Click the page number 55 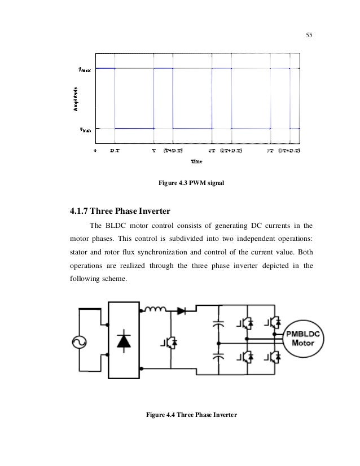pos(309,36)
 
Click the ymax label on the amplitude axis pos(85,70)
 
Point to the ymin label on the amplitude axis pos(85,129)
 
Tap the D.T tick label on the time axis pos(115,151)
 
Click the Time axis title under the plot pos(196,162)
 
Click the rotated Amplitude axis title pos(75,99)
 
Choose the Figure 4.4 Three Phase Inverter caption pos(191,415)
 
